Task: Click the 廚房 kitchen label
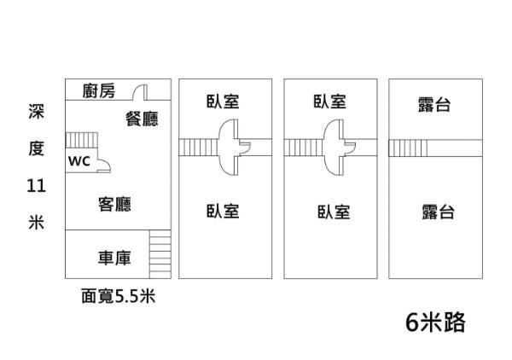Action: point(99,91)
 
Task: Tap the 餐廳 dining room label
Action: point(142,119)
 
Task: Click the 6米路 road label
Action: point(435,322)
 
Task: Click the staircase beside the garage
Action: point(160,254)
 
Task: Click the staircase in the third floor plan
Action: point(301,148)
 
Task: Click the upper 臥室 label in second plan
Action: point(222,102)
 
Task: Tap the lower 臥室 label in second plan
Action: point(222,211)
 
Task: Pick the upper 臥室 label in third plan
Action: point(329,102)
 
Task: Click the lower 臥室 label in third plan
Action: point(333,212)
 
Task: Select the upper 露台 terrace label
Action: point(434,104)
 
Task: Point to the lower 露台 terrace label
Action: point(437,212)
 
